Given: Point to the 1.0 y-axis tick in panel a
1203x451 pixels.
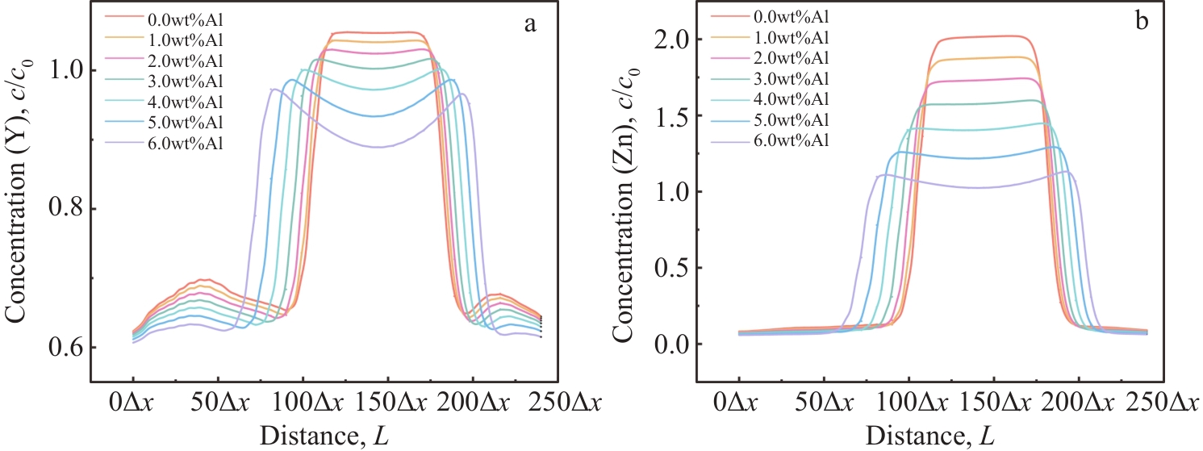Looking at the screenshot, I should pos(65,71).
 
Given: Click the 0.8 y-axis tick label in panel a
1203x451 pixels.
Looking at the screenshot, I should pos(65,209).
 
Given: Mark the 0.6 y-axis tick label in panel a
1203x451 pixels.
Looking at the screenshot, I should pos(65,348).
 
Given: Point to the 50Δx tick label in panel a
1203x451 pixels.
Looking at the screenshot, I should pos(218,403).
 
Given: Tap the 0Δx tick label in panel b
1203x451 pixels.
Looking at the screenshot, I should pos(738,403).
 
